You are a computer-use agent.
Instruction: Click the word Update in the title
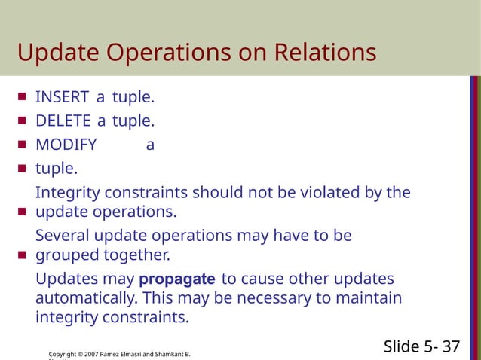pyautogui.click(x=54, y=53)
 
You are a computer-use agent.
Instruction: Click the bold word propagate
pyautogui.click(x=177, y=279)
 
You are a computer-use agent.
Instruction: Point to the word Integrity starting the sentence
pyautogui.click(x=66, y=193)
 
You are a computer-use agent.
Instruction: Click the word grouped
pyautogui.click(x=66, y=255)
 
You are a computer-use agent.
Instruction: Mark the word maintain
pyautogui.click(x=369, y=298)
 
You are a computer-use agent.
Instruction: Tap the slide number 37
pyautogui.click(x=451, y=346)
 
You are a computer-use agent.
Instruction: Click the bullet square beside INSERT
pyautogui.click(x=21, y=97)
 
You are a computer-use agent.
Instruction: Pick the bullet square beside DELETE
pyautogui.click(x=21, y=121)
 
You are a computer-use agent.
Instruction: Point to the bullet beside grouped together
pyautogui.click(x=21, y=255)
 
